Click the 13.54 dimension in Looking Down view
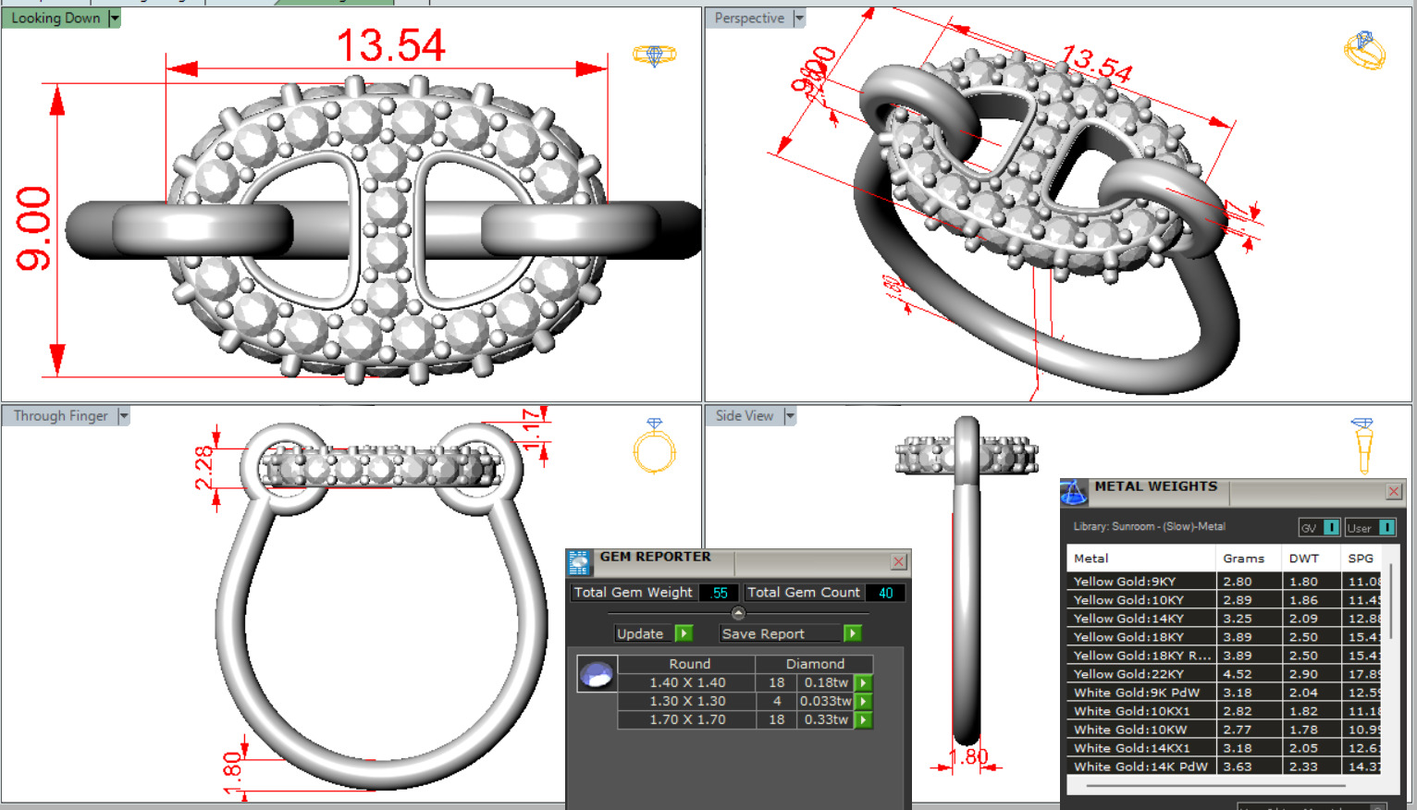pos(390,45)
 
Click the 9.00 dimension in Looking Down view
pos(34,228)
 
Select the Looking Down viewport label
pos(55,18)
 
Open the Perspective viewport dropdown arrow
pos(799,18)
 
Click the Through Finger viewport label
pos(60,416)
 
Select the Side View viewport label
pos(744,416)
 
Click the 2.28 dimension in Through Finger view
pos(203,467)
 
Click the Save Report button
pos(763,633)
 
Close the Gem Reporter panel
pos(898,561)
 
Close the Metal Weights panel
pos(1393,491)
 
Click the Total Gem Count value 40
pos(885,593)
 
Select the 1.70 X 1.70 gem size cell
pos(687,719)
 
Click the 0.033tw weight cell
pos(825,701)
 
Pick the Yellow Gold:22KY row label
pos(1128,674)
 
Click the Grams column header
pos(1243,558)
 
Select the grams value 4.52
pos(1238,674)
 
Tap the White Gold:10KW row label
pos(1130,730)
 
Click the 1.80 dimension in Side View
pos(968,756)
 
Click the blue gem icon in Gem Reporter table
pos(597,674)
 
